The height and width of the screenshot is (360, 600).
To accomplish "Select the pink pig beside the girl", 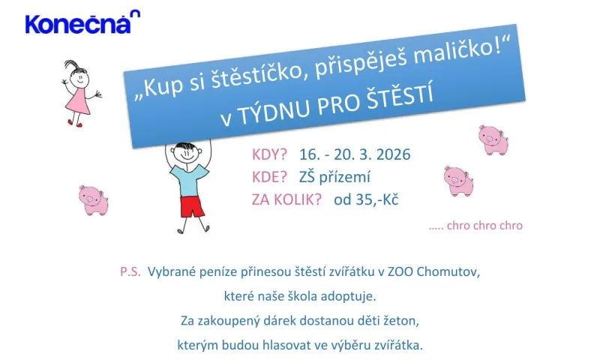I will [94, 199].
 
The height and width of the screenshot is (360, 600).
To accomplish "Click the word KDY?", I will [270, 155].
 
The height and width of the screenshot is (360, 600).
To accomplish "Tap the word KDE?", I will [271, 177].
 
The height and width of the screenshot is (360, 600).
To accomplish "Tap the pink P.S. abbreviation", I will [130, 271].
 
